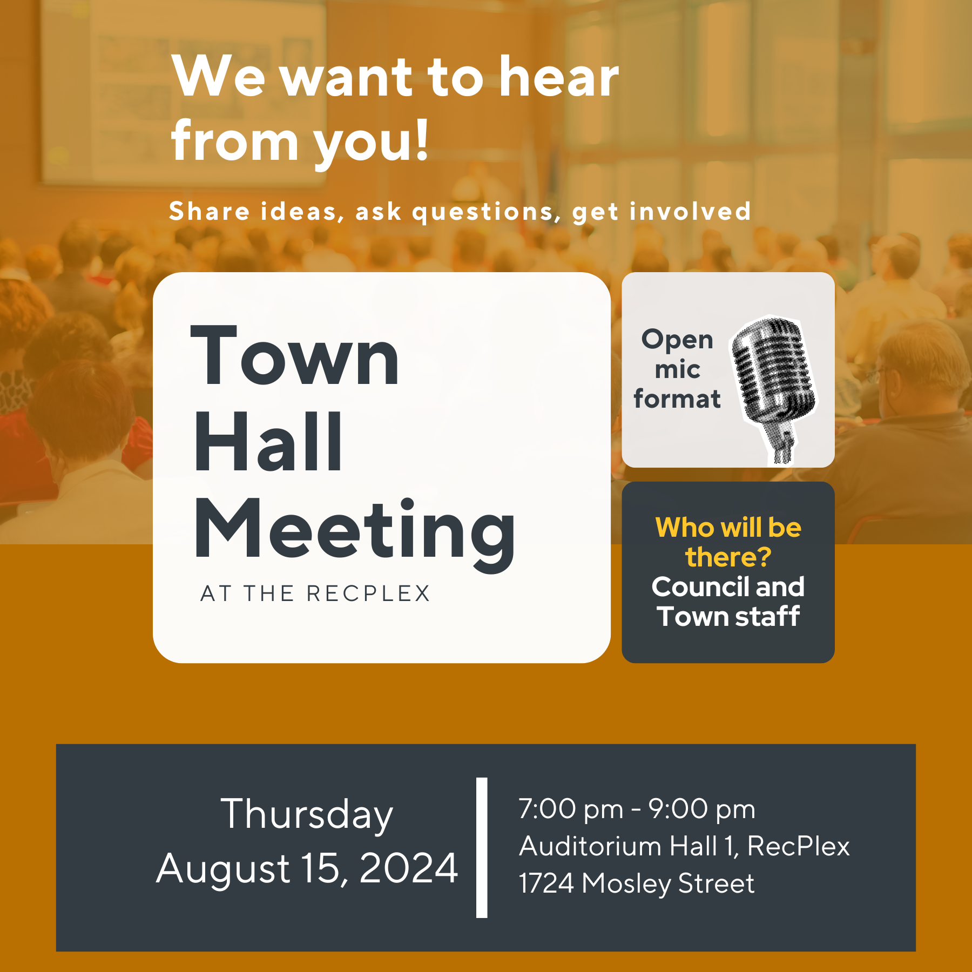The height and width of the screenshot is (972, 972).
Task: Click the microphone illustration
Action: pos(773,389)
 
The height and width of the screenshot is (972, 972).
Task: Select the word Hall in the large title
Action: pos(268,441)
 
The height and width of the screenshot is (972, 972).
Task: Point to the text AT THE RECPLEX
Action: pos(315,593)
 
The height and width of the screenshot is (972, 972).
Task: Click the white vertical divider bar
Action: pos(482,847)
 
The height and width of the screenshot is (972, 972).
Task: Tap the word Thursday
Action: pos(307,815)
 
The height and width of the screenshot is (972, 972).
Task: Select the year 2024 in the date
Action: pos(409,868)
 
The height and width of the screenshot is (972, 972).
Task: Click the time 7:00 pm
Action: pos(571,809)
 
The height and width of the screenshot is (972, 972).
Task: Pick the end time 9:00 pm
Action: pos(701,809)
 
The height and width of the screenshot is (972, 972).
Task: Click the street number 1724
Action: pos(546,883)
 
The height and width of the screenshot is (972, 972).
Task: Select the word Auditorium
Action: pos(591,846)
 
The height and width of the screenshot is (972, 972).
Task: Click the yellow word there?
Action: pos(728,557)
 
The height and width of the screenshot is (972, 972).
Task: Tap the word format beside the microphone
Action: pos(677,399)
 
